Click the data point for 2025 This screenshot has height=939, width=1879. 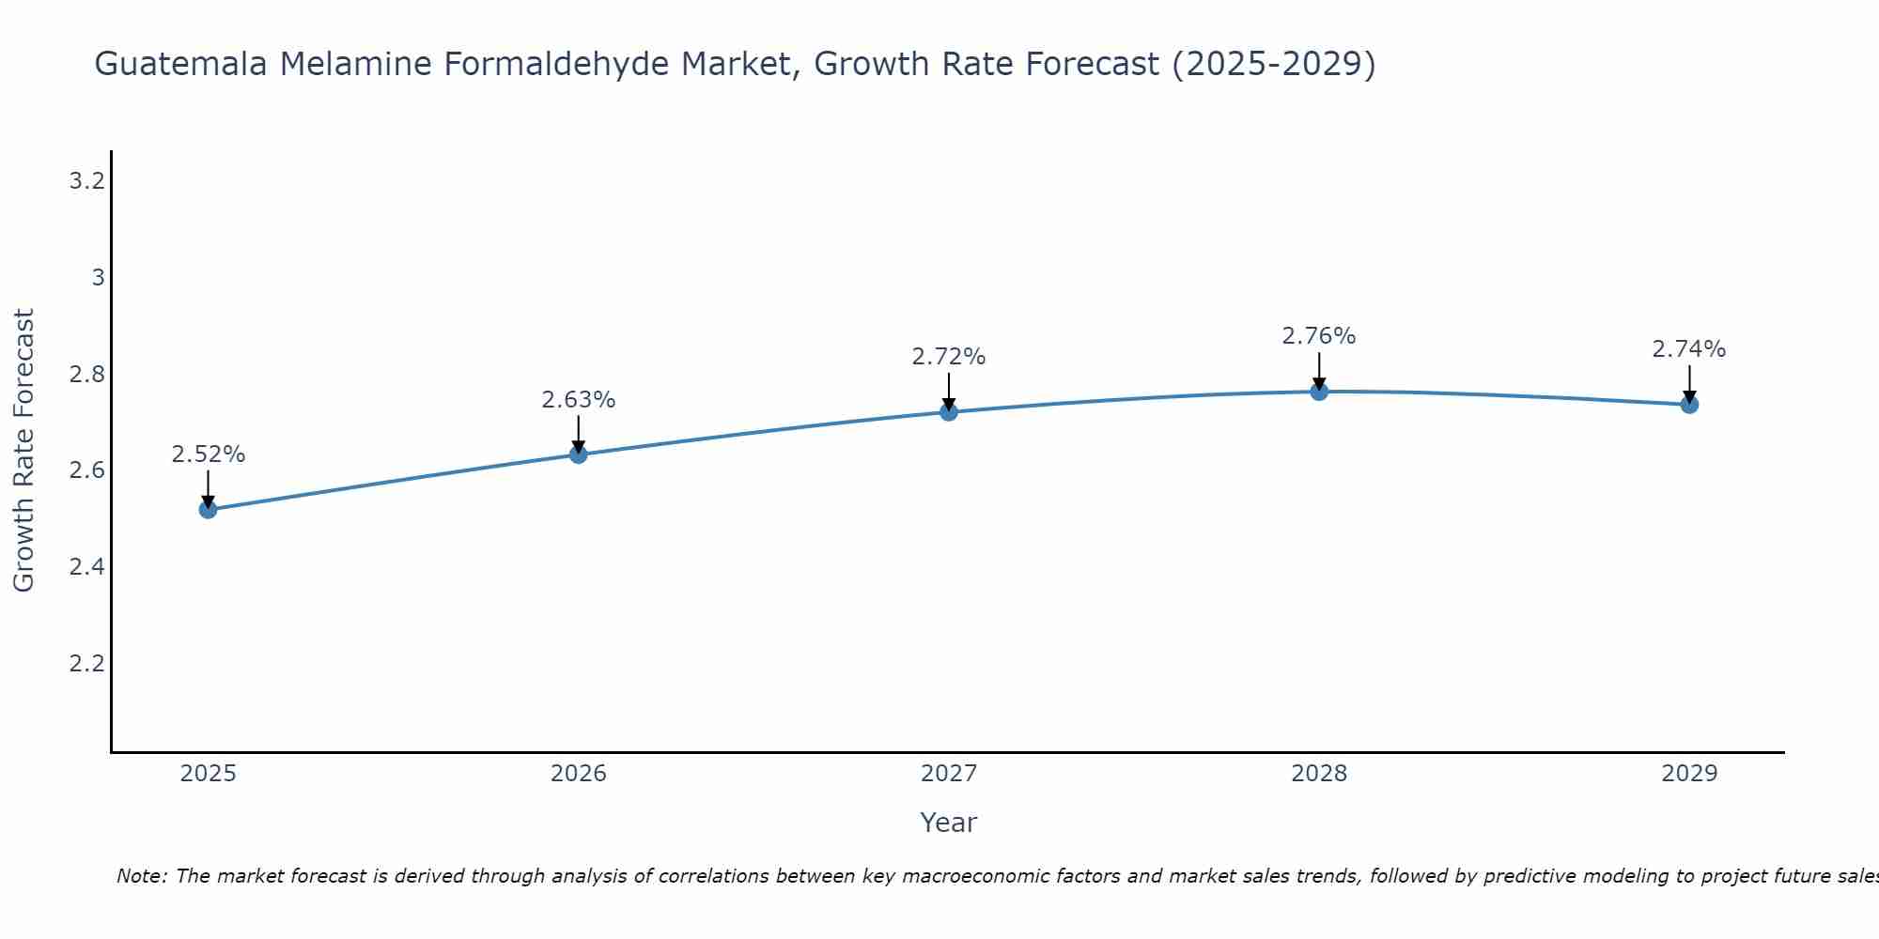(209, 510)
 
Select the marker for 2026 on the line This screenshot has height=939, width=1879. (579, 454)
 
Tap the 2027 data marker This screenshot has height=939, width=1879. (949, 411)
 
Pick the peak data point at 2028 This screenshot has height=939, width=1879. (1319, 392)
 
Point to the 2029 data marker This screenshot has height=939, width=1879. (1689, 405)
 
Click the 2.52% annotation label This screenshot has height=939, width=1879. (209, 454)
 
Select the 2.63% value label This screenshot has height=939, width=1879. (579, 400)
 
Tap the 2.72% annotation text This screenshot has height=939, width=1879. (949, 357)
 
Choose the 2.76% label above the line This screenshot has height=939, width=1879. (1319, 336)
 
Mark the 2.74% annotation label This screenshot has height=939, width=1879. (1689, 349)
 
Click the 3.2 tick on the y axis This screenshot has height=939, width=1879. (86, 181)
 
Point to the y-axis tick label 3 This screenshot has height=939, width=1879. (98, 278)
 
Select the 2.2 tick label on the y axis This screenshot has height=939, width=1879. (86, 664)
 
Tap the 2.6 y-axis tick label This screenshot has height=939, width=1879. (86, 470)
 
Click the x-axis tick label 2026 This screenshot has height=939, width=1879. (579, 774)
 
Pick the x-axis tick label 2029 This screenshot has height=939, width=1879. (1689, 774)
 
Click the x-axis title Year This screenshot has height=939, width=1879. (949, 823)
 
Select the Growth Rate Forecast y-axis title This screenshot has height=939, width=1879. (23, 451)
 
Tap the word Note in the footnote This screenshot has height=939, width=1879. (141, 876)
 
